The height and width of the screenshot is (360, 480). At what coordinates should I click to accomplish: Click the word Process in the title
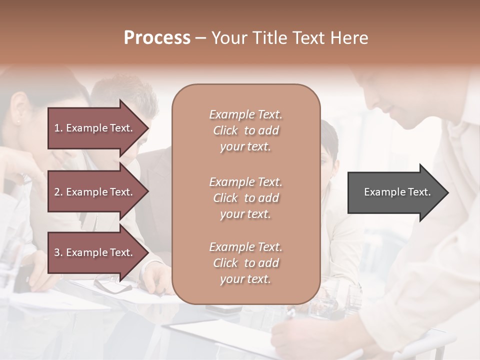click(157, 38)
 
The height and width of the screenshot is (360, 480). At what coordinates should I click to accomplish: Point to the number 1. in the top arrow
click(58, 128)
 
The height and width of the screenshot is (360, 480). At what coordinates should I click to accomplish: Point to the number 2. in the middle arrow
click(58, 192)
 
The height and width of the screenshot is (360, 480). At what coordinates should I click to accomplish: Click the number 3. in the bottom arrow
click(58, 252)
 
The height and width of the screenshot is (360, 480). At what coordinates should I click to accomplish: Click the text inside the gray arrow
click(397, 192)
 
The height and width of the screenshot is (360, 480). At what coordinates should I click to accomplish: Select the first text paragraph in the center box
click(245, 130)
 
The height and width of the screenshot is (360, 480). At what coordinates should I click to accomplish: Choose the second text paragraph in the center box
click(245, 198)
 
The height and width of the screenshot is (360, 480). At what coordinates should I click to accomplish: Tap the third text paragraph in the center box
click(245, 263)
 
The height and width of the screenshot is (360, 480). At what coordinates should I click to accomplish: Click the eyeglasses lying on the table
click(112, 285)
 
